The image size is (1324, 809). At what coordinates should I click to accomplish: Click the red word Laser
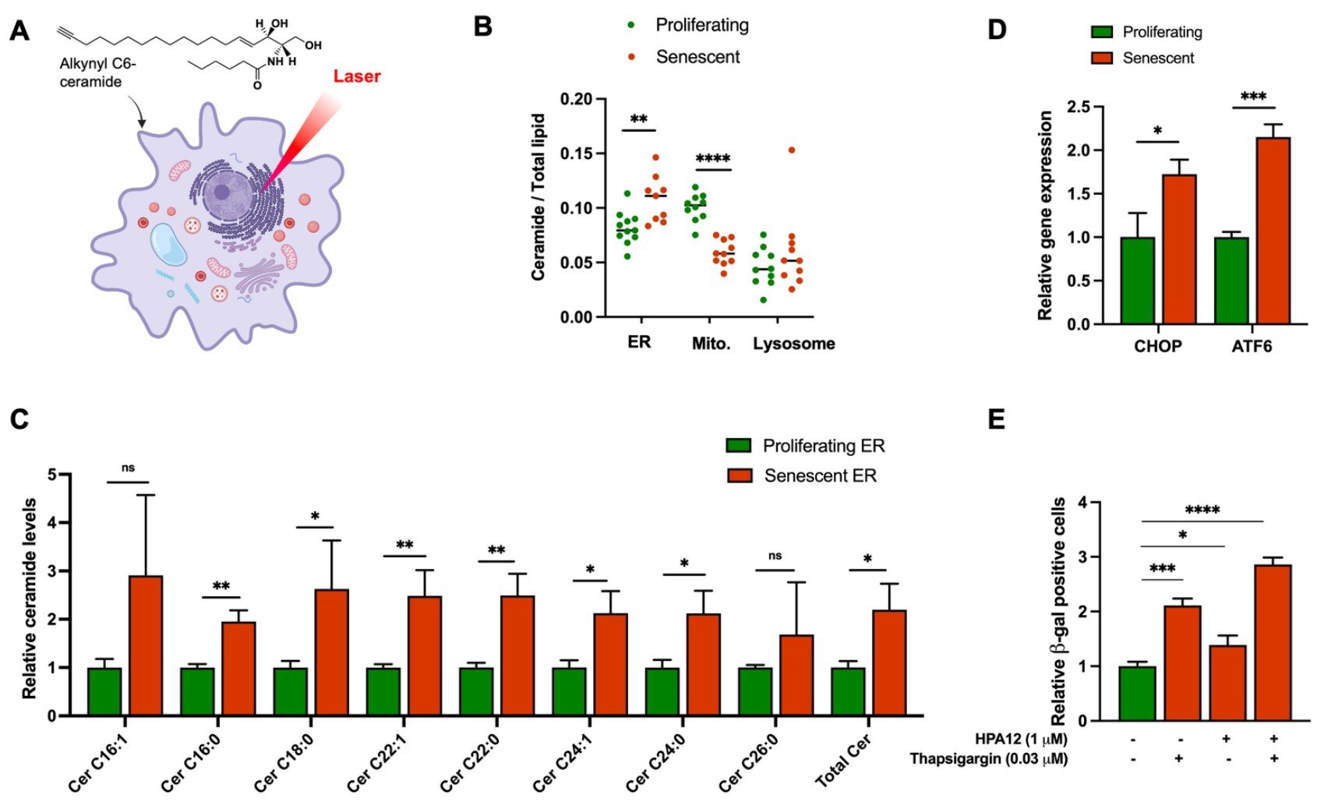[x=357, y=76]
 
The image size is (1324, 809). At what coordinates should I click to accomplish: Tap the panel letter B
[x=483, y=27]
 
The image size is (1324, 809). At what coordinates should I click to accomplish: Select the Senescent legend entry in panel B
[x=697, y=57]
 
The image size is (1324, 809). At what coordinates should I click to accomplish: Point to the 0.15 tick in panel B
[x=576, y=154]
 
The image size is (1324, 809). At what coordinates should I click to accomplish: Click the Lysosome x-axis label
[x=793, y=344]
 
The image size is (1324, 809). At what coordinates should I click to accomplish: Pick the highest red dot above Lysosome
[x=792, y=150]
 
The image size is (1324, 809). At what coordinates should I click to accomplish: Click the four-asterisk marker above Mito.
[x=712, y=159]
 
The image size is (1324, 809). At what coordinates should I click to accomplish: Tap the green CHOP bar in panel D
[x=1138, y=280]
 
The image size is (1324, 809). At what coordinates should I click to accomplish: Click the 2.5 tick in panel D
[x=1079, y=107]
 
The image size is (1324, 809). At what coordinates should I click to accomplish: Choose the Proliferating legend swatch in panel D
[x=1102, y=33]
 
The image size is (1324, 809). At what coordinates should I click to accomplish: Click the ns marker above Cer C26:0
[x=775, y=556]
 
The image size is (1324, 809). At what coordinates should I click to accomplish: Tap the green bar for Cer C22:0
[x=476, y=691]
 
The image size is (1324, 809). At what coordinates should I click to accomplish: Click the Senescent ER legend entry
[x=820, y=475]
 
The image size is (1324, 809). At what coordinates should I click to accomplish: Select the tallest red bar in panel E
[x=1273, y=642]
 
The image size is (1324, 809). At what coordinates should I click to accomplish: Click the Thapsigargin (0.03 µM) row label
[x=988, y=758]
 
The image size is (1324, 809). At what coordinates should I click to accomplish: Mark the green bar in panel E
[x=1137, y=693]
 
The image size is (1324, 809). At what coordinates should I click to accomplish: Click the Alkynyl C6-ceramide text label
[x=97, y=72]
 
